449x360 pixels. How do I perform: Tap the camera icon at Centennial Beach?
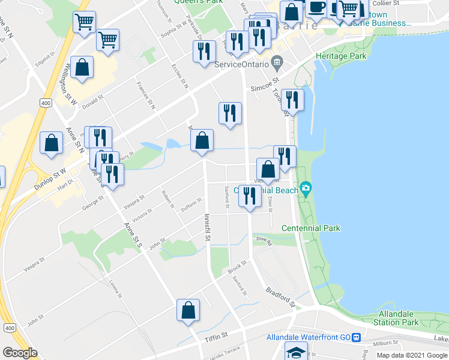[x=307, y=190]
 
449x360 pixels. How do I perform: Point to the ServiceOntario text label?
[x=240, y=64]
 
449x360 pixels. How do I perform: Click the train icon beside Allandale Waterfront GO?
[x=356, y=337]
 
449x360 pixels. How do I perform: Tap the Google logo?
[x=20, y=353]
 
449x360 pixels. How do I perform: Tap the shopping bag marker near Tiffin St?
[x=188, y=311]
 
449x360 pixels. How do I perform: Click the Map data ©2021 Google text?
[x=411, y=355]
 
